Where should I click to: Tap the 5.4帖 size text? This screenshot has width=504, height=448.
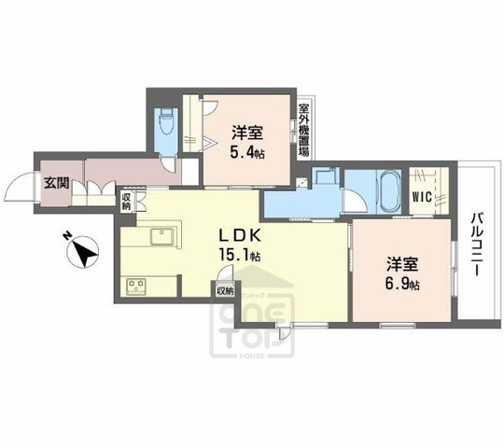(x=247, y=152)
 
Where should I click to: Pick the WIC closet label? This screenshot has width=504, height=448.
(x=421, y=197)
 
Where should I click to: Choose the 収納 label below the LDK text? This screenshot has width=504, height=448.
(x=224, y=289)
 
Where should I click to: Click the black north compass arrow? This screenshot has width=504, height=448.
(x=86, y=252)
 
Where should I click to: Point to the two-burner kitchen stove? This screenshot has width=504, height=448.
(x=133, y=285)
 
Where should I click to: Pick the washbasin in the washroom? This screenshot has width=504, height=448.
(x=323, y=175)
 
